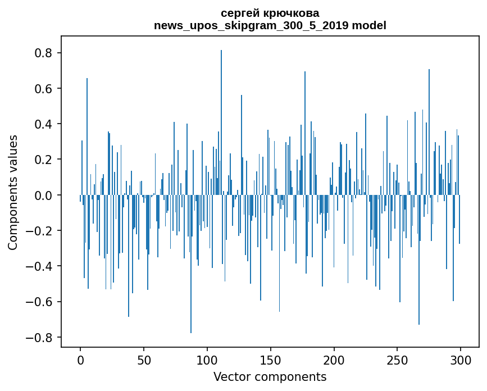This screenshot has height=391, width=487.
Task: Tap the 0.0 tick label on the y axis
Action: [45, 195]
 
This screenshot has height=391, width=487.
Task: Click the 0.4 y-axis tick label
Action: [45, 124]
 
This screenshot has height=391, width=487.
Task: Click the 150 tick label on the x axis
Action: [271, 360]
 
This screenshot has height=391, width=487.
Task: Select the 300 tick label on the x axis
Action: [461, 360]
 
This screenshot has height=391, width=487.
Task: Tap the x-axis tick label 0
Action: [80, 360]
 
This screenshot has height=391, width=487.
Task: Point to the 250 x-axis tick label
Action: [397, 360]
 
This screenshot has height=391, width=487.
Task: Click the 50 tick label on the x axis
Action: [144, 360]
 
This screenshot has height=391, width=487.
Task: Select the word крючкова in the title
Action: [291, 13]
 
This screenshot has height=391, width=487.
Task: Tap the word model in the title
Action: [368, 25]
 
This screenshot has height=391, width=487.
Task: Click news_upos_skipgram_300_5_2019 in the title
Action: [251, 25]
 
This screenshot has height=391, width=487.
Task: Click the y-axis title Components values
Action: [13, 192]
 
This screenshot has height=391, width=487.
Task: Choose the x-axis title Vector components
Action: [270, 376]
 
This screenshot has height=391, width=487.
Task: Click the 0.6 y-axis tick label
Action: [45, 89]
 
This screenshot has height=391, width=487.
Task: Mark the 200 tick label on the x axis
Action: [334, 360]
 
